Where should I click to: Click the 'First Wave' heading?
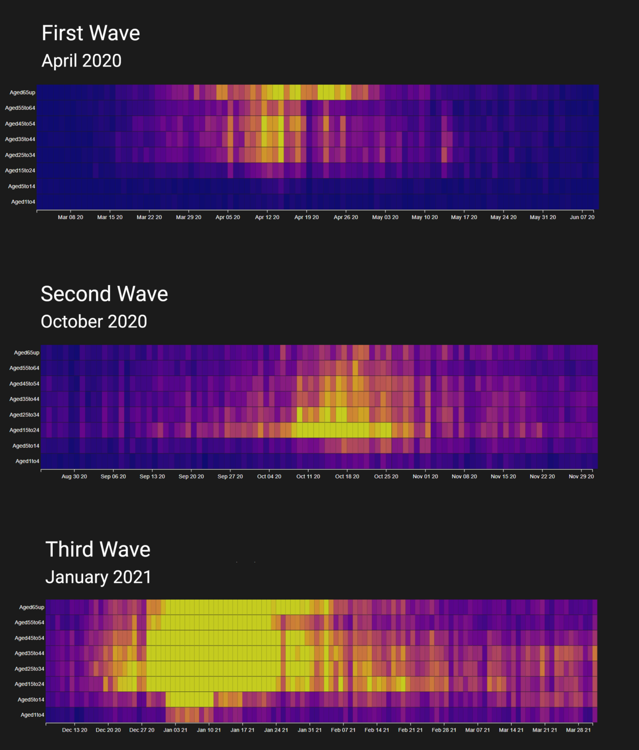(x=91, y=33)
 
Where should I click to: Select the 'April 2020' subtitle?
(x=82, y=61)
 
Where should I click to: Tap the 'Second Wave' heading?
(x=104, y=294)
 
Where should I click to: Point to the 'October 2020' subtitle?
(x=94, y=321)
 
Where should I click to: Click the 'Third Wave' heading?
(x=98, y=549)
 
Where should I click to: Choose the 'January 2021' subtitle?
(x=98, y=577)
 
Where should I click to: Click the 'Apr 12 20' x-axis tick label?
(x=267, y=217)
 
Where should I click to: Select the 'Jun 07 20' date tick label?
(x=582, y=217)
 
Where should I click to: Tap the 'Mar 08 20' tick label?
(x=70, y=217)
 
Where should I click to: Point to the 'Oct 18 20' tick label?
(x=347, y=477)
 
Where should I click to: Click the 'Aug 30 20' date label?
(x=74, y=477)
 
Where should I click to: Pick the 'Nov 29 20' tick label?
(x=581, y=477)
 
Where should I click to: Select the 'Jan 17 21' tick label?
(x=242, y=730)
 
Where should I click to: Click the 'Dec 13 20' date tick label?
(x=74, y=730)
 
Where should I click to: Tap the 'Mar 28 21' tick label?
(x=578, y=730)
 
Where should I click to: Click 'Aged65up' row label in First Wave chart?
(x=22, y=92)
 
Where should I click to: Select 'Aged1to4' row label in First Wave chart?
(x=23, y=202)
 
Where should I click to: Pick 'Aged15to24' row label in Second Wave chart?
(x=24, y=430)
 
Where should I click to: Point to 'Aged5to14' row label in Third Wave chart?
(x=31, y=700)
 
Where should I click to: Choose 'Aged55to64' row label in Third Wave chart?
(x=29, y=623)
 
